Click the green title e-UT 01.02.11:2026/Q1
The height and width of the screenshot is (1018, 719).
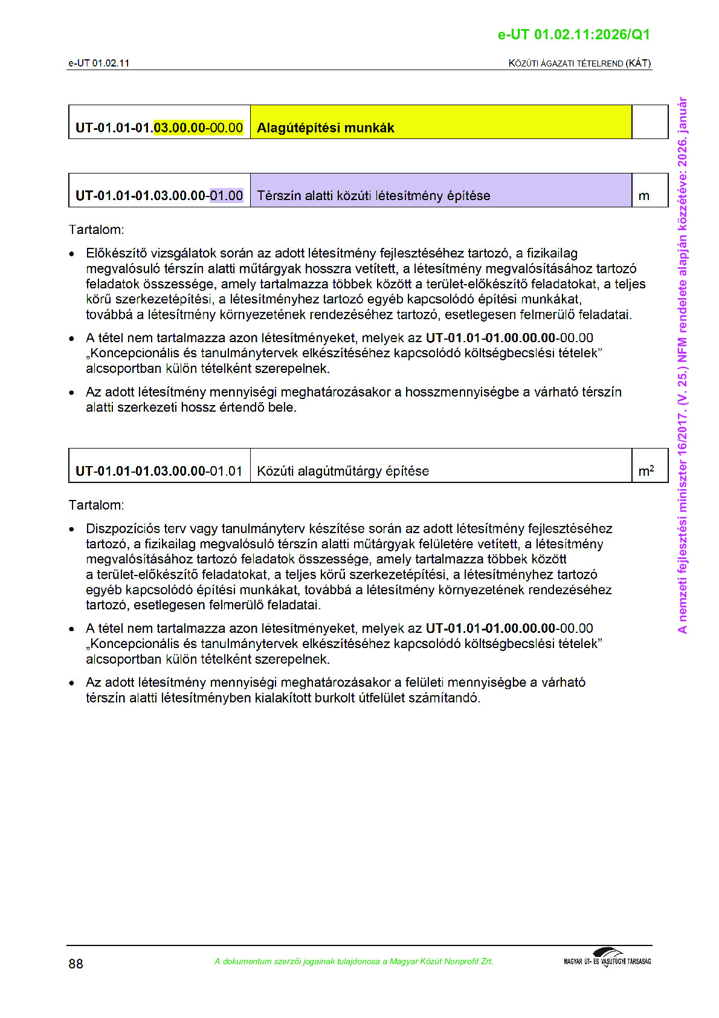(x=573, y=35)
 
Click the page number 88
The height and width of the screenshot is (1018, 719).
(x=76, y=964)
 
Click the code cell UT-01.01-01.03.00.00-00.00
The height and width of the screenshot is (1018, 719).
(x=159, y=128)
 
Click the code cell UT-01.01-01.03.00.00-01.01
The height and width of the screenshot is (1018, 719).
(x=159, y=471)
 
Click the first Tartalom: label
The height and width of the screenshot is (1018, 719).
(x=96, y=230)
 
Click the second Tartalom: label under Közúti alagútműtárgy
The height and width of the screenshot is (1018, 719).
(x=96, y=505)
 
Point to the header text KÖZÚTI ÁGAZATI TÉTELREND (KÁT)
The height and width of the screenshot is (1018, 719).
(x=579, y=63)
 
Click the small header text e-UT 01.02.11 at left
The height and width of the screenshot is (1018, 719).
(x=98, y=63)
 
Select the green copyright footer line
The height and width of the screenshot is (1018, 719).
(x=353, y=961)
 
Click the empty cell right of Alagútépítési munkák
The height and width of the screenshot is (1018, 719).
(x=650, y=122)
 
